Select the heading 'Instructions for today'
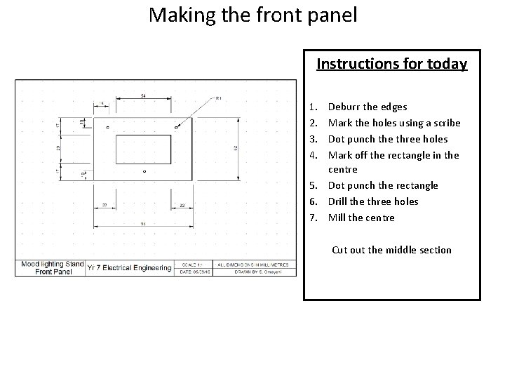pyautogui.click(x=391, y=64)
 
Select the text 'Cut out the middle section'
pyautogui.click(x=391, y=250)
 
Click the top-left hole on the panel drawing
pyautogui.click(x=107, y=127)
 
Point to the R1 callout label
pyautogui.click(x=218, y=98)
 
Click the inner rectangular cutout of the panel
pyautogui.click(x=143, y=149)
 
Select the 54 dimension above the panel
pyautogui.click(x=143, y=95)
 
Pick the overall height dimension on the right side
pyautogui.click(x=236, y=147)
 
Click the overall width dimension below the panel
pyautogui.click(x=142, y=223)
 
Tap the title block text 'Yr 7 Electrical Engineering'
pyautogui.click(x=130, y=268)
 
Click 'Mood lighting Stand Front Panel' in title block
pyautogui.click(x=50, y=268)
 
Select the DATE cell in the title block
pyautogui.click(x=194, y=273)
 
